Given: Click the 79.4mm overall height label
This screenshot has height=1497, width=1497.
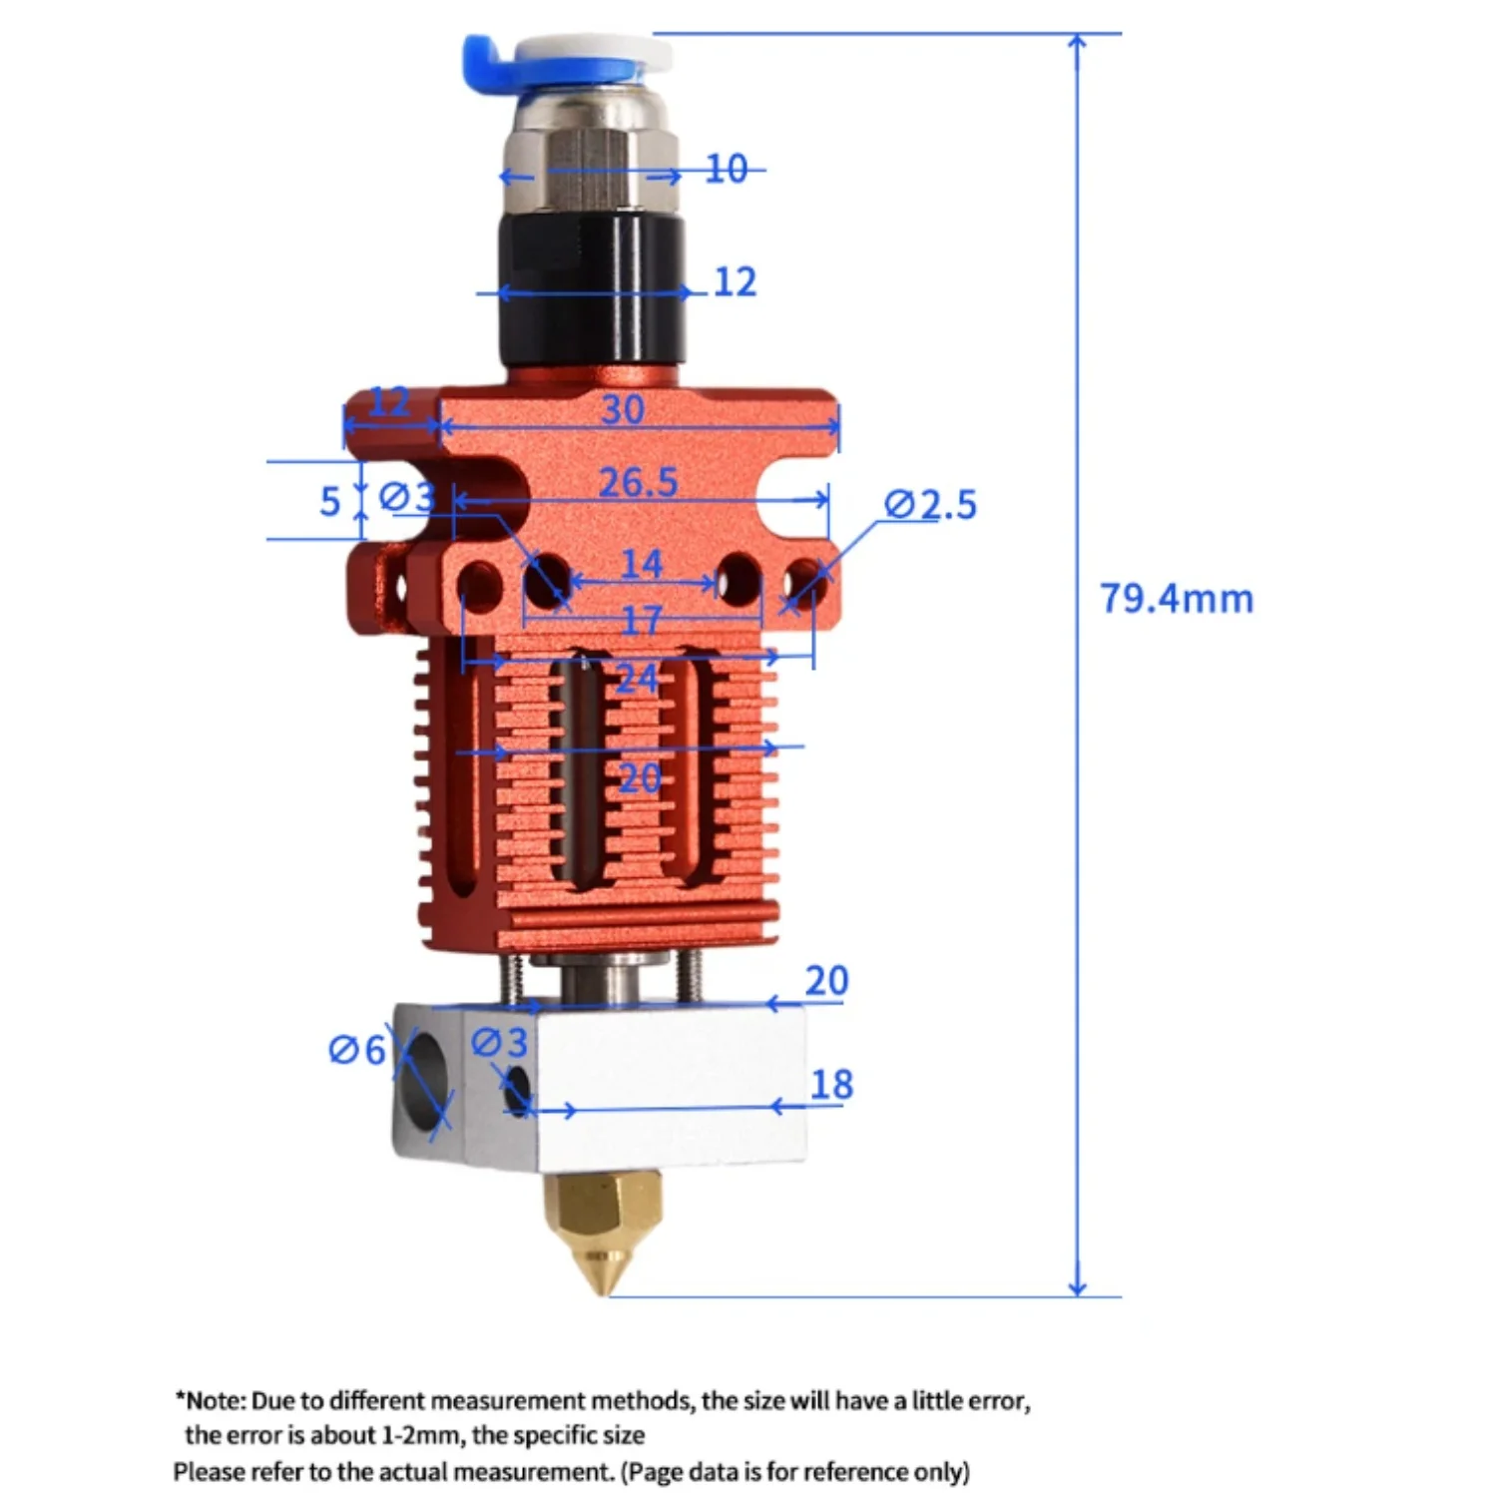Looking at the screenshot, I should point(1176,599).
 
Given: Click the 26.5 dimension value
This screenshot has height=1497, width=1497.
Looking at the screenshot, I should point(638,483).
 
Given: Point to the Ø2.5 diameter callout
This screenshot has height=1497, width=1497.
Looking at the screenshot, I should point(930,505).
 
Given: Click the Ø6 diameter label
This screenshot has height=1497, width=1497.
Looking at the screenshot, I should point(356,1050).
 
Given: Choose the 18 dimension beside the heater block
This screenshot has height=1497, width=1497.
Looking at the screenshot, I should point(831,1085).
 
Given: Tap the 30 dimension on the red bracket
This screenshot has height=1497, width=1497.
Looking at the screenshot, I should point(622,410).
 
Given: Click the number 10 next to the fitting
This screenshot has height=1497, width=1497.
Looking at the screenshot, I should point(726,170).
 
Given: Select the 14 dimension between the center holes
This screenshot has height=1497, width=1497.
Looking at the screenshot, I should point(641,565).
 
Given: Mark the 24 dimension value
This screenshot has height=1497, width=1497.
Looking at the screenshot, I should point(637,680).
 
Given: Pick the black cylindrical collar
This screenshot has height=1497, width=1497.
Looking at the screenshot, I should point(591,294).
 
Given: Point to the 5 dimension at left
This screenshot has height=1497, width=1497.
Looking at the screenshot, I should point(329,502).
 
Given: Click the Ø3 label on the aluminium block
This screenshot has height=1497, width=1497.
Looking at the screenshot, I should point(498,1043).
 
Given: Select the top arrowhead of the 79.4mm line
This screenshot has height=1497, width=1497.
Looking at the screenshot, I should point(1077,42).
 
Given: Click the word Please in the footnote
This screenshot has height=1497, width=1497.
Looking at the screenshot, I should point(208,1472).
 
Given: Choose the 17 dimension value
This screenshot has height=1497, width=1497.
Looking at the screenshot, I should point(641,622).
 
